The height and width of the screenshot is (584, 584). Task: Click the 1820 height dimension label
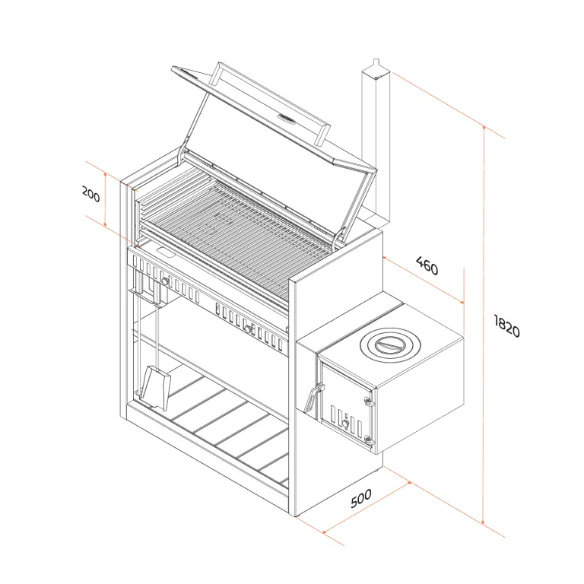(x=506, y=326)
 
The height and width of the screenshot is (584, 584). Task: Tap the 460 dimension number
(x=427, y=265)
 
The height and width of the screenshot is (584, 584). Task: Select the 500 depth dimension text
(x=361, y=498)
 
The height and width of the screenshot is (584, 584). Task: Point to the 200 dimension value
(x=91, y=194)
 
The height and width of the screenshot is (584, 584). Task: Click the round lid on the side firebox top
(x=390, y=344)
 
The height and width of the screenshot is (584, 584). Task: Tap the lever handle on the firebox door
(x=312, y=398)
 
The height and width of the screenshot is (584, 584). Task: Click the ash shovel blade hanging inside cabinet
(x=155, y=387)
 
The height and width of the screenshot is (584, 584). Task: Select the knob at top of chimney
(x=376, y=61)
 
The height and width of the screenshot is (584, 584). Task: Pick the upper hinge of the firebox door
(x=368, y=401)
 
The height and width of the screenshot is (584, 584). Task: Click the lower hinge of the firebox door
(x=368, y=440)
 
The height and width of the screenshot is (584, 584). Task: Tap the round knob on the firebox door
(x=345, y=424)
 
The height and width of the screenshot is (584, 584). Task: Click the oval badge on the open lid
(x=287, y=119)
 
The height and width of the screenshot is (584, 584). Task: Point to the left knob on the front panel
(x=165, y=281)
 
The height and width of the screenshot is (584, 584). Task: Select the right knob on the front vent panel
(x=248, y=328)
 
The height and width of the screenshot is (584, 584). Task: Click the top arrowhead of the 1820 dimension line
(x=484, y=129)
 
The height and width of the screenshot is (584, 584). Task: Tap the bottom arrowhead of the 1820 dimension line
(x=484, y=522)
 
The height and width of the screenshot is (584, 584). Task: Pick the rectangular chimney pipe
(x=376, y=145)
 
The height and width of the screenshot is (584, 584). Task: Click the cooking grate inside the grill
(x=238, y=238)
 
